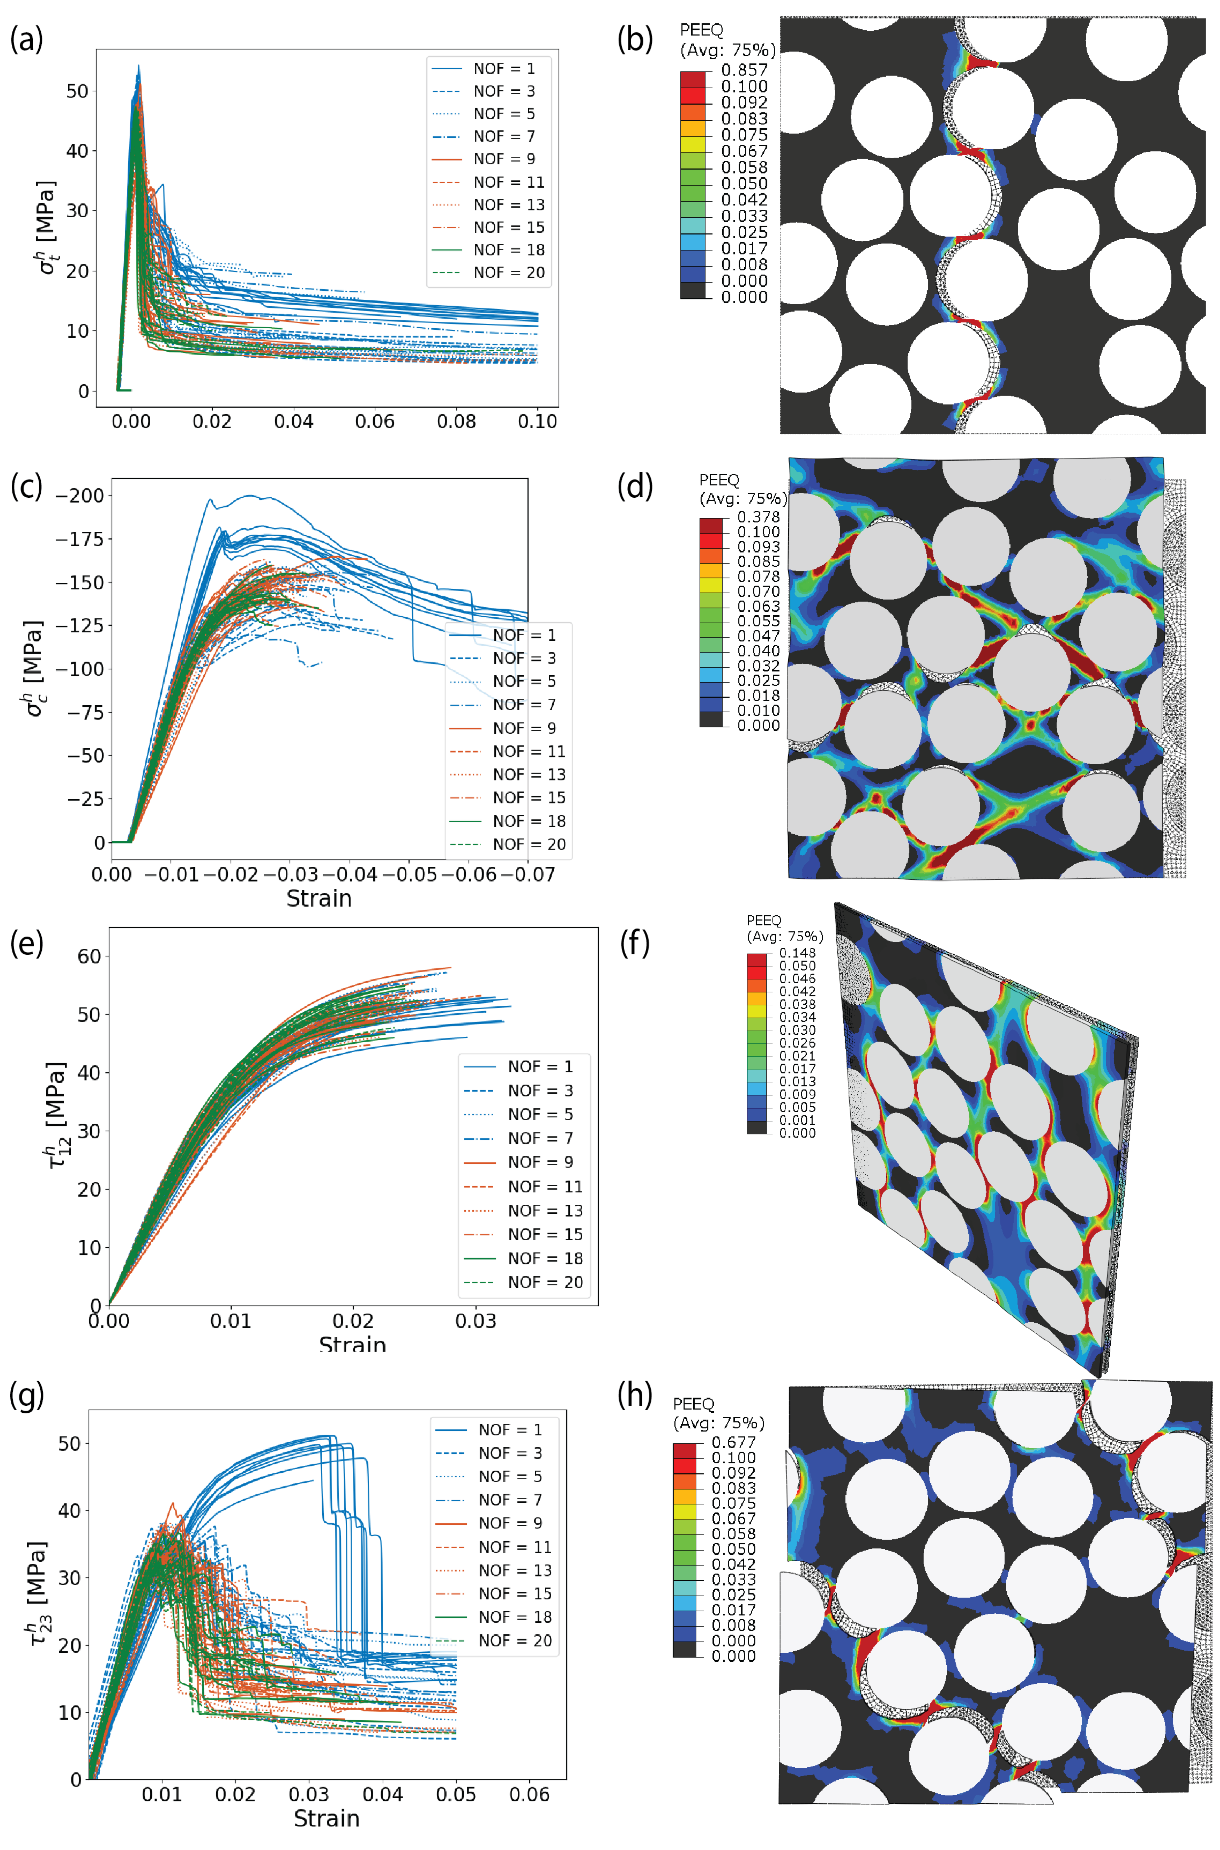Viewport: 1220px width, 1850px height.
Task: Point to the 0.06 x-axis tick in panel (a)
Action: [x=375, y=422]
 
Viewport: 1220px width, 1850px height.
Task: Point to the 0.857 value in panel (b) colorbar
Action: [x=744, y=70]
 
